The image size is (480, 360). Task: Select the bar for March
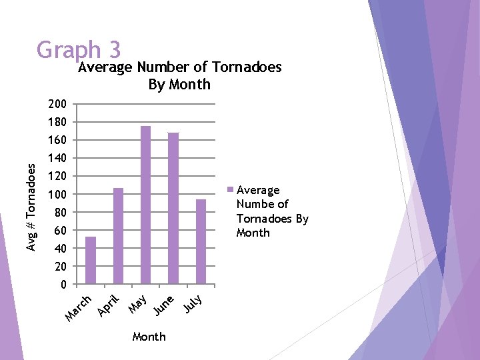(x=91, y=260)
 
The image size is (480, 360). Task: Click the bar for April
(x=118, y=236)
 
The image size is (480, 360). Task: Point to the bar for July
(x=201, y=241)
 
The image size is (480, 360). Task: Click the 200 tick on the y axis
(x=57, y=105)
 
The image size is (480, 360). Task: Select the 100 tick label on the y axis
(x=57, y=195)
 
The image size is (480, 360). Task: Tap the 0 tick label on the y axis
(x=63, y=285)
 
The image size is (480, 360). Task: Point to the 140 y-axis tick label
(x=57, y=159)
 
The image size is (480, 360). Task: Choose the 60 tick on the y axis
(x=59, y=231)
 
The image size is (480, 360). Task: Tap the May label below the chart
(x=138, y=303)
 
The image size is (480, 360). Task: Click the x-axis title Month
(x=149, y=337)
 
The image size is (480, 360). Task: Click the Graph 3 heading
(x=79, y=50)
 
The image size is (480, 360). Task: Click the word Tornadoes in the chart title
(x=247, y=67)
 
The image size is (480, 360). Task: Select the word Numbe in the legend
(x=252, y=204)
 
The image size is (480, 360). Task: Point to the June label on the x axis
(x=164, y=305)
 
